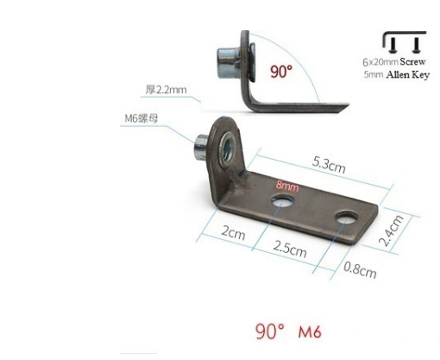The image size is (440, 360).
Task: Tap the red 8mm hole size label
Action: (x=287, y=186)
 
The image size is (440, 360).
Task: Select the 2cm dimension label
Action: (x=234, y=234)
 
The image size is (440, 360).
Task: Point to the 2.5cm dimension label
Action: (x=288, y=250)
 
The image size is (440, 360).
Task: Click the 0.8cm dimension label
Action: (x=360, y=271)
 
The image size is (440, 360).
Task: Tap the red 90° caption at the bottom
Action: (x=270, y=332)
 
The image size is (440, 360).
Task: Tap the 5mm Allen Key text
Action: (x=393, y=75)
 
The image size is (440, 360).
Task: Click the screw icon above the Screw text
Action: (x=404, y=42)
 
